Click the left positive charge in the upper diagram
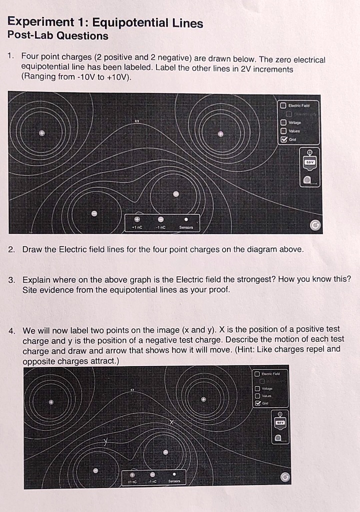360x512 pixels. point(42,133)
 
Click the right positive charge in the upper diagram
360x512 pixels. point(220,133)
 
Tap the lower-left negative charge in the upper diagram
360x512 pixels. point(93,213)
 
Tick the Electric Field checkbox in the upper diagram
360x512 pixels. point(282,105)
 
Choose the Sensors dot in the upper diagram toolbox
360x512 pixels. point(186,219)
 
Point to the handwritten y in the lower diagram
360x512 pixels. point(105,441)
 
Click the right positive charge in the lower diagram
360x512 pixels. point(203,399)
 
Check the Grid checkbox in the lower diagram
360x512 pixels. point(257,403)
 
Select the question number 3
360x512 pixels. point(11,279)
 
